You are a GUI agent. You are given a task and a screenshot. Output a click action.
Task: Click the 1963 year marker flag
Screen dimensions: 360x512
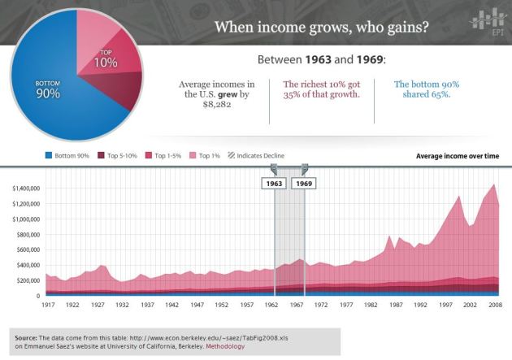tap(274, 184)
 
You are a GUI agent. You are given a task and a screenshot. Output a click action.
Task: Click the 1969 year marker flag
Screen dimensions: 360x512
tap(305, 184)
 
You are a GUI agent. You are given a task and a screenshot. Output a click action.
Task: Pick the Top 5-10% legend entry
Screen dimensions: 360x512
tap(119, 155)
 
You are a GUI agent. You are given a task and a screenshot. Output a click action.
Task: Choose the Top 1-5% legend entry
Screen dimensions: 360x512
tap(164, 155)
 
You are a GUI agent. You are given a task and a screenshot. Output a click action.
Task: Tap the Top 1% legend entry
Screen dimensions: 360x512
tap(207, 155)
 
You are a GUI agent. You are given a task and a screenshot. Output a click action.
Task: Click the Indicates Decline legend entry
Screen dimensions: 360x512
tap(258, 155)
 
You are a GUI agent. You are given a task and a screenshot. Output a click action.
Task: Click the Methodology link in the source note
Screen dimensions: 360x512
tap(226, 347)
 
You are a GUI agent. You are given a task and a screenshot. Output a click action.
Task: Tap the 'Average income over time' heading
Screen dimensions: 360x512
tap(458, 155)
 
